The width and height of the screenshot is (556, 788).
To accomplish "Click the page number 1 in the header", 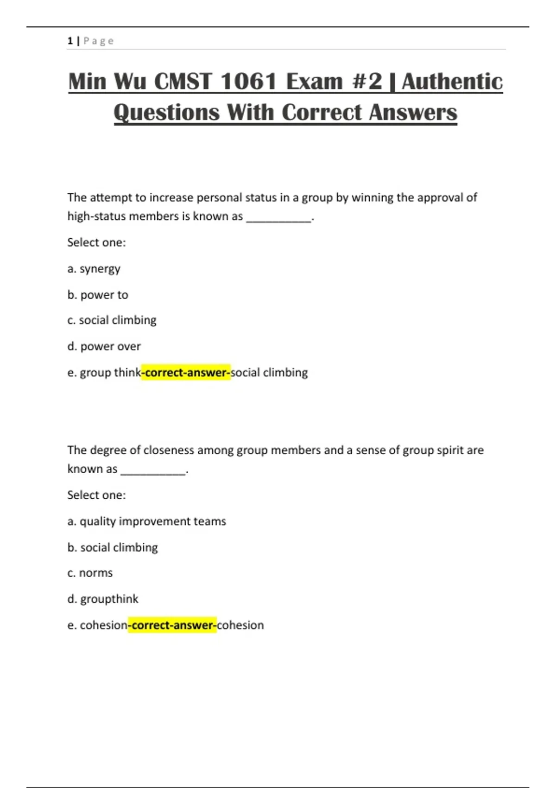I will [x=70, y=41].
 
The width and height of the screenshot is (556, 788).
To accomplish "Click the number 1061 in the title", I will [x=248, y=82].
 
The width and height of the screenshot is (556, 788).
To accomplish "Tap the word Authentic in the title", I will [x=452, y=82].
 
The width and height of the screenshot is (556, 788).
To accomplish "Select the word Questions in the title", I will [x=166, y=113].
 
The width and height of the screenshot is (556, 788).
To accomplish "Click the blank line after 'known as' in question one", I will [x=278, y=218].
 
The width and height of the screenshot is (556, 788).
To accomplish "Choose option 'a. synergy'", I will [x=94, y=269].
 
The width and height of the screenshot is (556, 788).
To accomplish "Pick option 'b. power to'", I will [x=98, y=295].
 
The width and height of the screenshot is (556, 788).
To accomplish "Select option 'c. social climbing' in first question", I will [x=112, y=320].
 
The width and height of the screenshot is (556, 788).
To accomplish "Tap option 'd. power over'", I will [x=104, y=346].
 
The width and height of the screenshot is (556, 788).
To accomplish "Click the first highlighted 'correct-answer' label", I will [x=186, y=373].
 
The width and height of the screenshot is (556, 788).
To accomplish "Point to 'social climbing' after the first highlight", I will [x=269, y=373].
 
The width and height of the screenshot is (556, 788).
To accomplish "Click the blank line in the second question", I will [x=153, y=470].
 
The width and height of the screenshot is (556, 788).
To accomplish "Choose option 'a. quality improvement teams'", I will [x=147, y=521].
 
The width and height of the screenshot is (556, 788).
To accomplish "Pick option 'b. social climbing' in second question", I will [x=113, y=547].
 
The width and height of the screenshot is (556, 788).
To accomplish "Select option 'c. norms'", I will [x=90, y=573].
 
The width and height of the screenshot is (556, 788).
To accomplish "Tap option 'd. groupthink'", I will [x=103, y=599].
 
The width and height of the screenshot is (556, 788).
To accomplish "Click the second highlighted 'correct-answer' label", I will [x=172, y=625].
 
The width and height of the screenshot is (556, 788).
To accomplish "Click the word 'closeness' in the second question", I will [x=169, y=450].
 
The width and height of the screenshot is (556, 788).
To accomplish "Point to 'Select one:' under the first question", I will [x=96, y=242].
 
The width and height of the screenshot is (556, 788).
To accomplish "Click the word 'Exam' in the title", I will [x=315, y=82].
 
